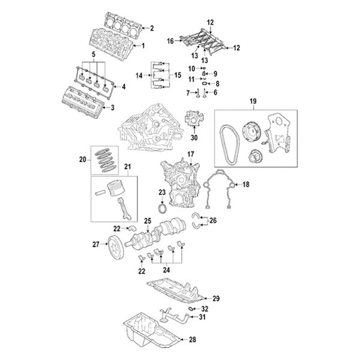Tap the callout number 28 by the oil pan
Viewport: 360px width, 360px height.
pyautogui.click(x=191, y=340)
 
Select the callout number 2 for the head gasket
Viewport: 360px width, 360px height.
pyautogui.click(x=152, y=28)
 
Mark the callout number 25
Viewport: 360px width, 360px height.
pyautogui.click(x=147, y=221)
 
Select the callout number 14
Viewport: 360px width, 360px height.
pyautogui.click(x=139, y=76)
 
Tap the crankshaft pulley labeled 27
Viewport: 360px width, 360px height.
pyautogui.click(x=112, y=244)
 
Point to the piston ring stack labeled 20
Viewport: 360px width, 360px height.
pyautogui.click(x=106, y=160)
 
